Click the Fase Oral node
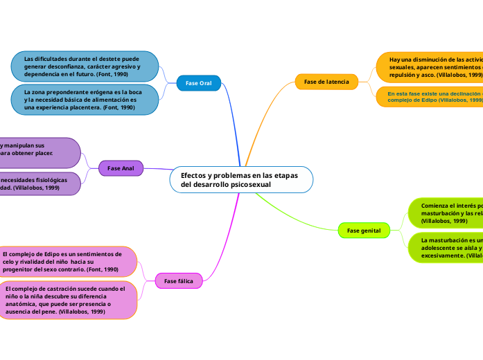tap(198, 83)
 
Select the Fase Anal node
tap(121, 168)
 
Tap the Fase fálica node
tap(179, 280)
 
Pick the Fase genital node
tap(364, 230)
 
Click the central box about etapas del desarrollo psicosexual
tap(240, 180)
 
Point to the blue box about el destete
tap(85, 66)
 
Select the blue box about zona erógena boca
tap(85, 100)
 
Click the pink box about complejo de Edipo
tap(68, 262)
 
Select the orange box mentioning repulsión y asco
tap(430, 67)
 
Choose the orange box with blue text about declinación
tap(430, 96)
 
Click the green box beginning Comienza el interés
tap(446, 213)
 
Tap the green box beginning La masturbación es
tap(446, 248)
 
